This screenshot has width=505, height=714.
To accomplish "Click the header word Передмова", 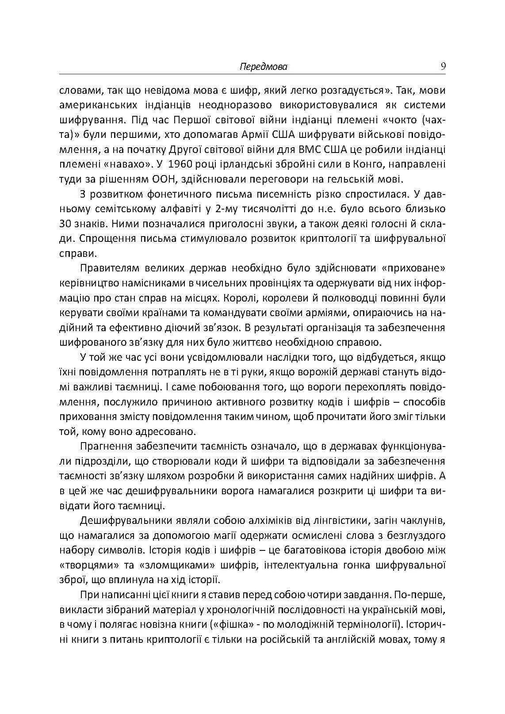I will (263, 67).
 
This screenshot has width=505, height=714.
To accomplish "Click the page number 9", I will (443, 67).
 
